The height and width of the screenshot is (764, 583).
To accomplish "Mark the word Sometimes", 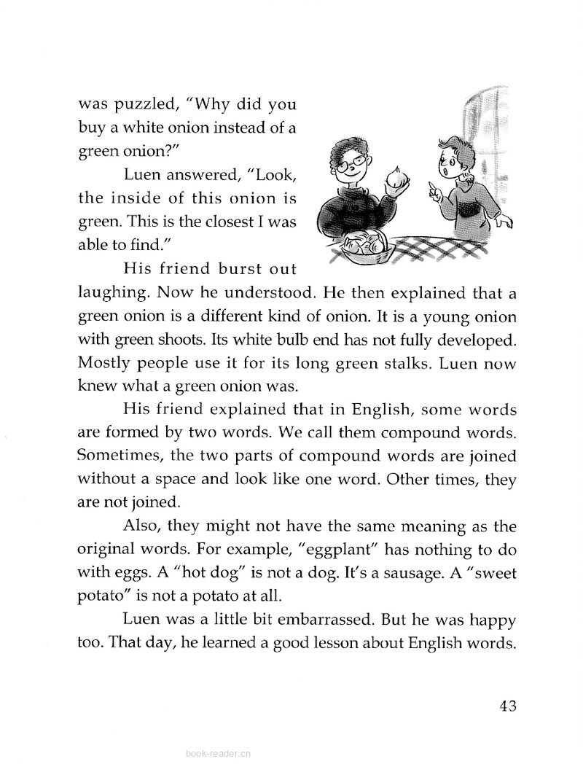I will [x=117, y=457].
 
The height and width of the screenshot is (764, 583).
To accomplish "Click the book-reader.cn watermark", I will [x=219, y=755].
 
